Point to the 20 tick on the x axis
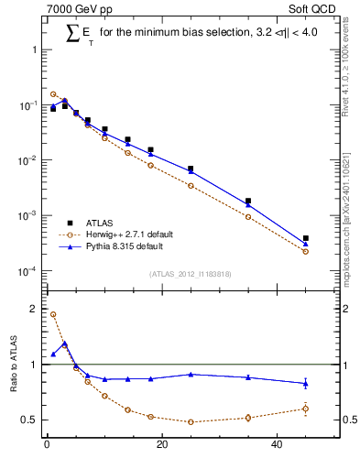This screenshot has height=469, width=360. click(x=162, y=446)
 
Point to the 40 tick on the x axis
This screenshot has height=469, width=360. click(x=278, y=446)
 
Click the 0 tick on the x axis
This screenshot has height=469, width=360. click(x=47, y=446)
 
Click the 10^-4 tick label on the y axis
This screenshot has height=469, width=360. click(x=25, y=271)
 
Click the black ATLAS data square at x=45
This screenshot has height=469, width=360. click(x=306, y=238)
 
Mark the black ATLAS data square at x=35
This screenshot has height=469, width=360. click(x=248, y=201)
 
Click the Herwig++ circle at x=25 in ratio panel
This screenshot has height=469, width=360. click(x=191, y=421)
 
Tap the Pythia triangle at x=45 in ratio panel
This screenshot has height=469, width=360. click(x=306, y=383)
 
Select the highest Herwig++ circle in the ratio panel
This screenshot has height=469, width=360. click(x=53, y=314)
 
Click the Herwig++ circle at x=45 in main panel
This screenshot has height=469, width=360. click(x=306, y=251)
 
